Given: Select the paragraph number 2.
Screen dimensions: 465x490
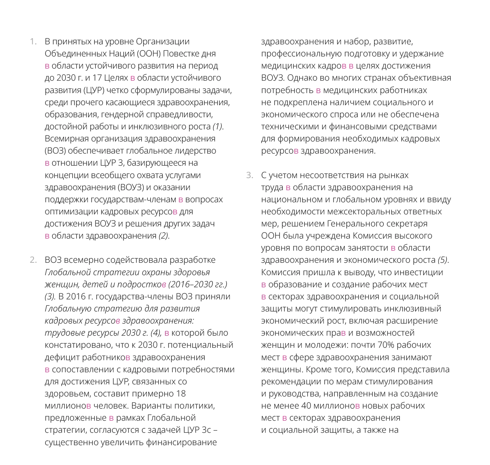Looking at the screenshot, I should [x=33, y=260].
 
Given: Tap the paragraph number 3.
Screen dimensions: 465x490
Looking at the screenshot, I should [x=249, y=175].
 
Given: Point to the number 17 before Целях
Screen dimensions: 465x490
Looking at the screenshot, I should [x=97, y=78].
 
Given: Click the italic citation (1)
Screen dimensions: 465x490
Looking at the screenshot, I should [x=217, y=127].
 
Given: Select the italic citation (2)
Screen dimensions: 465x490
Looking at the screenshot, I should [x=164, y=236].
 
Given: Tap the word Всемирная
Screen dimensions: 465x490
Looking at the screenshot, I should [x=66, y=139].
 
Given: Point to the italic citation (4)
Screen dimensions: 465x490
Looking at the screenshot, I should [x=156, y=333].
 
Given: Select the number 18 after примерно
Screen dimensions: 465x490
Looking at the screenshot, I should [x=181, y=394].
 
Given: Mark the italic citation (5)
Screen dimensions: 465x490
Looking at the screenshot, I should [x=443, y=260].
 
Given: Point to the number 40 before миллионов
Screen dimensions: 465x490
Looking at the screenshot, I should [x=306, y=406].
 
